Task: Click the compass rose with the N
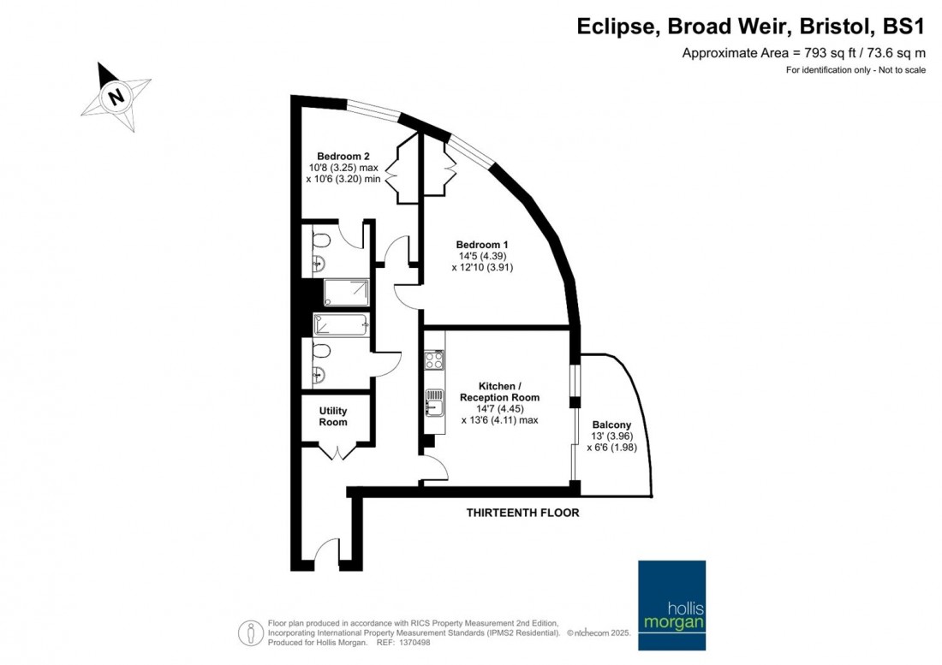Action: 116,97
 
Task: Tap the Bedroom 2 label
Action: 343,156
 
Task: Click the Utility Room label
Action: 333,417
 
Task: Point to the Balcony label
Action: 611,425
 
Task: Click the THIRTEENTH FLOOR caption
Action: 522,513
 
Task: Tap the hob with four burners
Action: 434,359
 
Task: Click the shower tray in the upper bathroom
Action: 347,293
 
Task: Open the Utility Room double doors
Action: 341,449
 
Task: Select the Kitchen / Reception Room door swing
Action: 435,468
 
